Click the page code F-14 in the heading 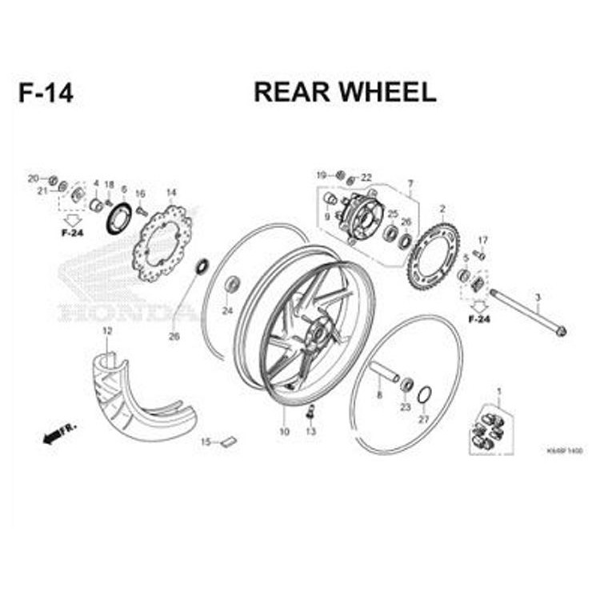[x=46, y=93]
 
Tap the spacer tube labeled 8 [x=384, y=374]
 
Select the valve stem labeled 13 [x=310, y=413]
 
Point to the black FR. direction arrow [x=57, y=433]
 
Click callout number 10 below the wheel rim [x=283, y=431]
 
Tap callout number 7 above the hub [x=410, y=183]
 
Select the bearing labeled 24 [x=232, y=284]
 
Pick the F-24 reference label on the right [x=479, y=319]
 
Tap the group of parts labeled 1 [x=487, y=430]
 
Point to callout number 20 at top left [x=33, y=178]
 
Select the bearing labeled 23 [x=406, y=385]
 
